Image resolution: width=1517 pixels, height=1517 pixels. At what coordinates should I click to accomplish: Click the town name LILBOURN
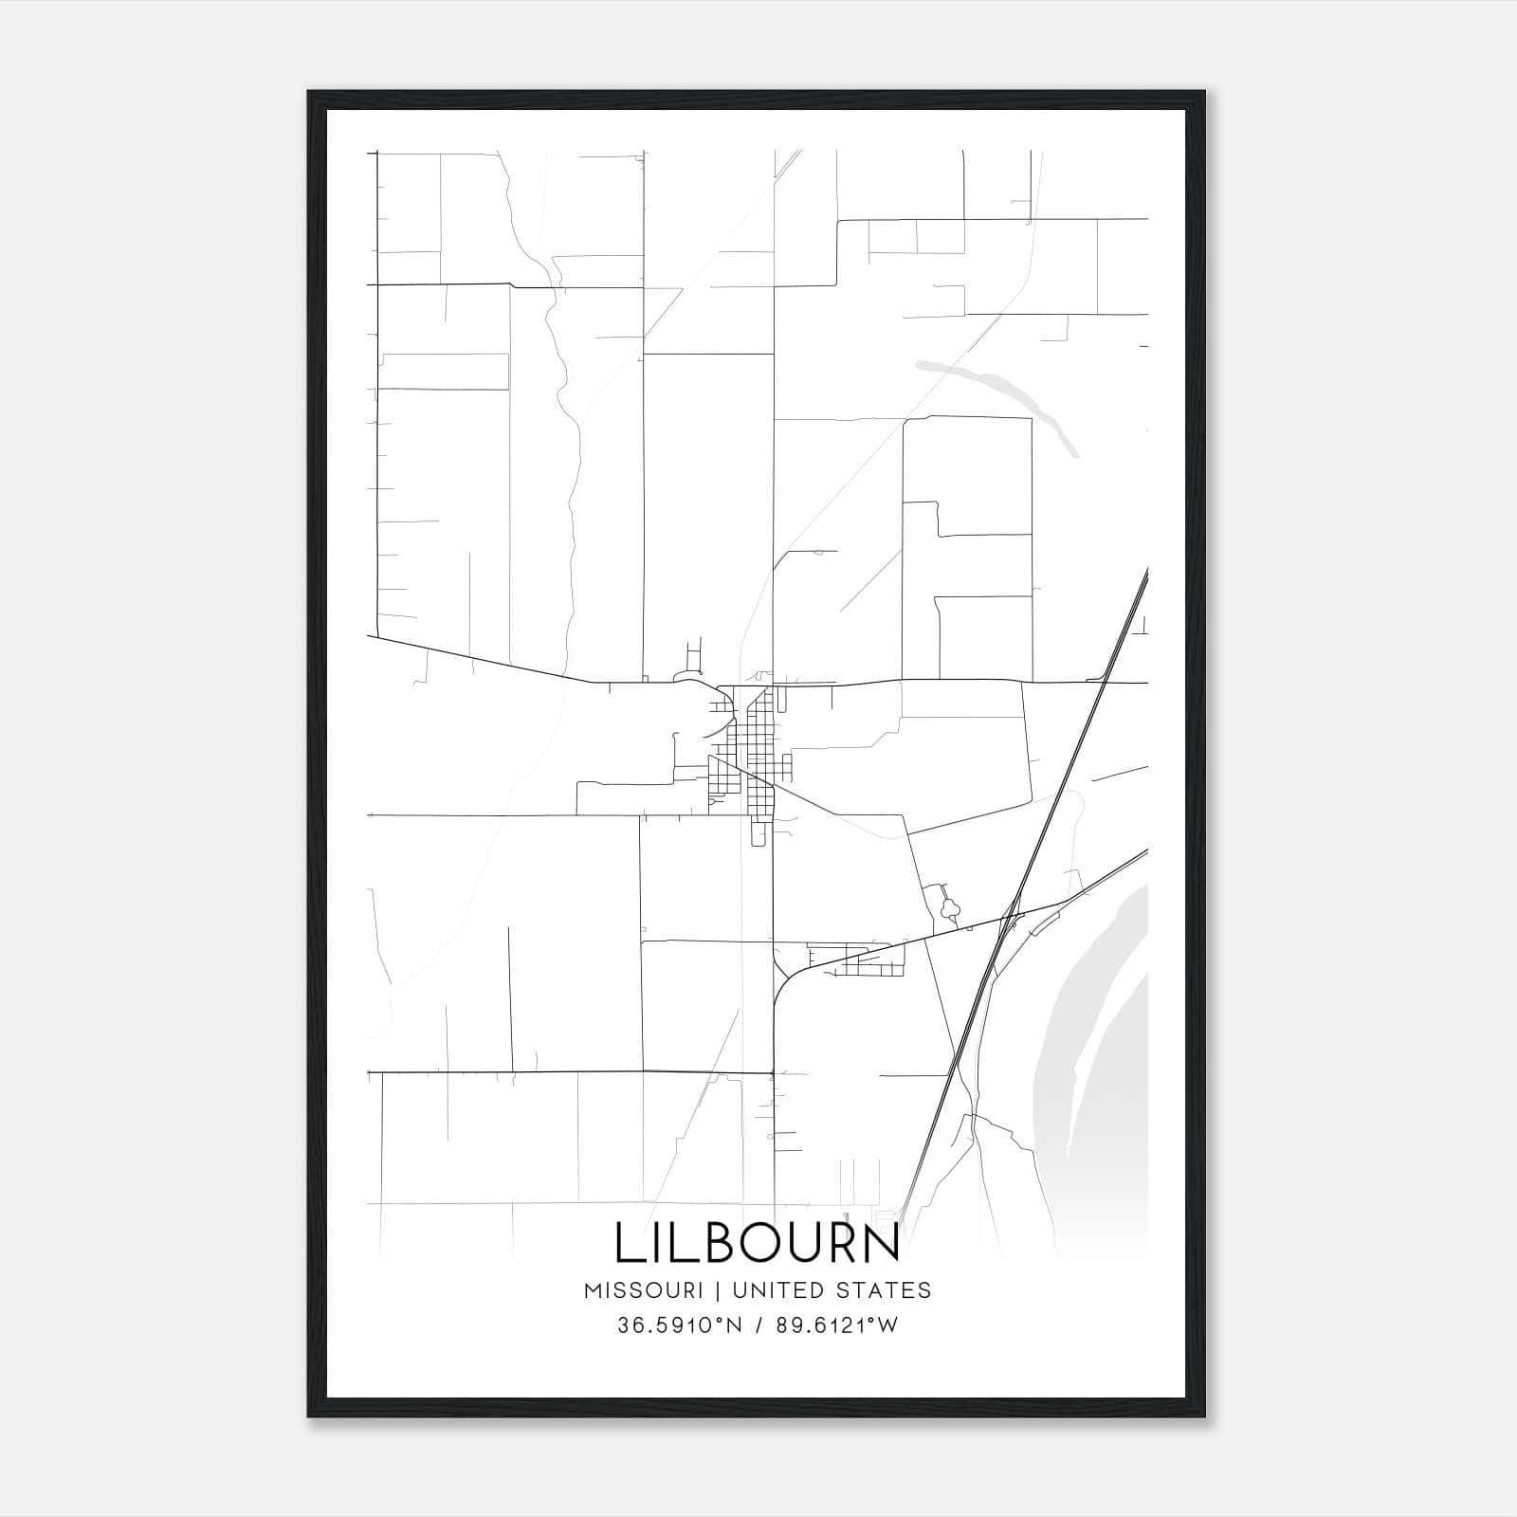coord(757,1243)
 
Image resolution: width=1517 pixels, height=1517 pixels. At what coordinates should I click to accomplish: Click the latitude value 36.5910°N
coord(680,1325)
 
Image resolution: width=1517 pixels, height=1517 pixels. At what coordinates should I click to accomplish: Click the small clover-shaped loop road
coord(949,910)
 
